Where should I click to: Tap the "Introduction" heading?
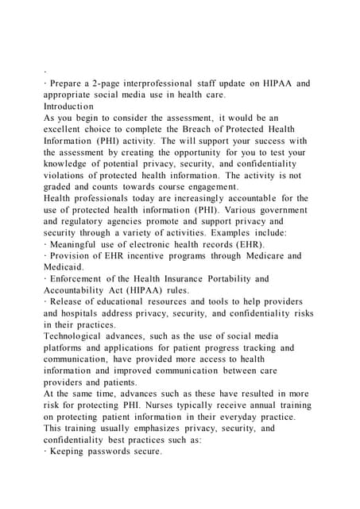point(68,106)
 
